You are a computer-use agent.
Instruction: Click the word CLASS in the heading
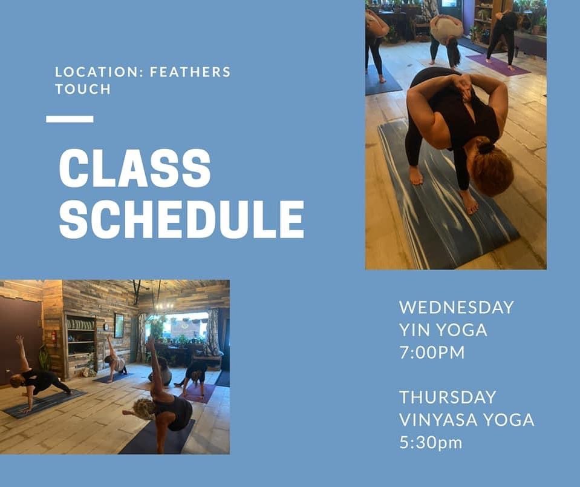tap(135, 169)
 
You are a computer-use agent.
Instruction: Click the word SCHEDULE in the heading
tap(181, 219)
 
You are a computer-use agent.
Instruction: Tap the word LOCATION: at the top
tap(100, 72)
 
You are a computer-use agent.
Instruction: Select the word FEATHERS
tap(190, 72)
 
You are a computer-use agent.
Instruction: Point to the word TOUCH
tap(83, 89)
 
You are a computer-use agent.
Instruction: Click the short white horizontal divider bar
tap(70, 119)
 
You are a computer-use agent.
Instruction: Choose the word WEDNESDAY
tap(457, 307)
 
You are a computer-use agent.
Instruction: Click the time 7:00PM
tap(432, 352)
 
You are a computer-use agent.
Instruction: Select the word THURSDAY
tap(448, 397)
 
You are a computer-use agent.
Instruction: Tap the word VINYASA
tap(438, 420)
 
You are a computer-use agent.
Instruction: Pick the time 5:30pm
tap(431, 443)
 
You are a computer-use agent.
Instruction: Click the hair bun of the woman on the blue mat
tap(485, 148)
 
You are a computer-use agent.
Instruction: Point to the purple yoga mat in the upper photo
tap(498, 65)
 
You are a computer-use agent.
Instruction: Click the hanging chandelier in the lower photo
tap(165, 305)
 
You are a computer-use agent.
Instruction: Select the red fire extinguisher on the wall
tap(54, 337)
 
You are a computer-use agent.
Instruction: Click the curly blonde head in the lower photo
tap(143, 408)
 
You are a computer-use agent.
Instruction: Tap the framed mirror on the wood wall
tap(119, 326)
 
